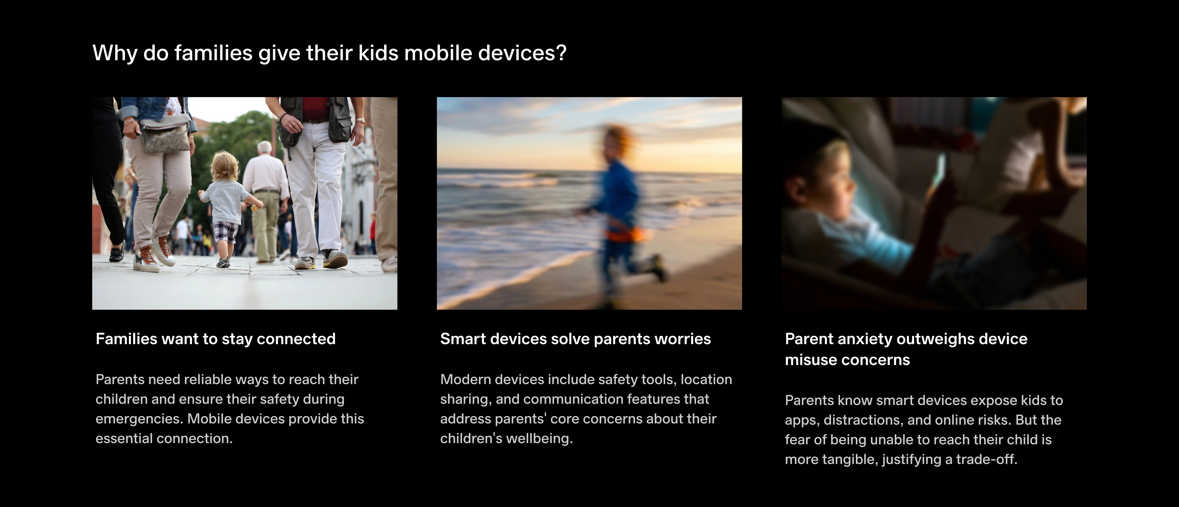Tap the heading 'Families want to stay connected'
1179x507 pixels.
pyautogui.click(x=216, y=339)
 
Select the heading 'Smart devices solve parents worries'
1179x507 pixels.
pyautogui.click(x=575, y=339)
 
